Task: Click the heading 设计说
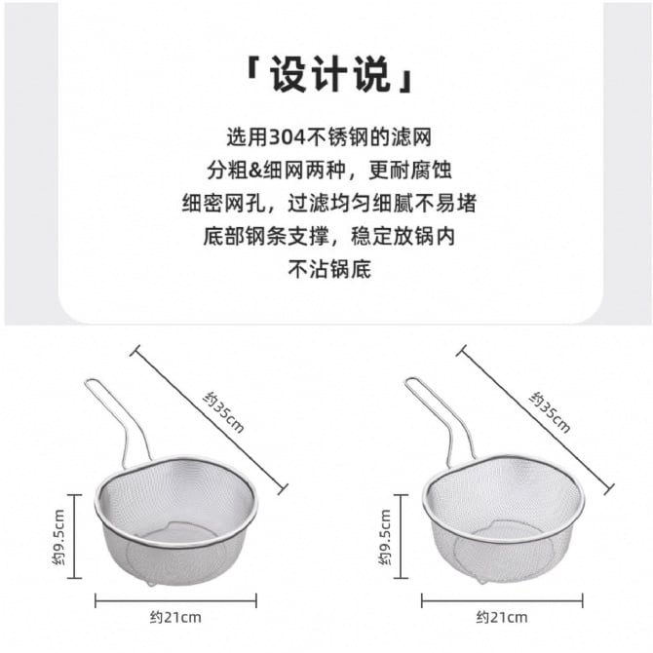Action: point(329,75)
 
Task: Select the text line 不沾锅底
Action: point(329,269)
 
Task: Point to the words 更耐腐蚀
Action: point(410,171)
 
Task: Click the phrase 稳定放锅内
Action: point(403,237)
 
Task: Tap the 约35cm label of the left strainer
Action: point(223,411)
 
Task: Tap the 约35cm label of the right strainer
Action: point(550,411)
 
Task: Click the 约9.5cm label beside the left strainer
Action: point(58,537)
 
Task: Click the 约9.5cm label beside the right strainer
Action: point(385,537)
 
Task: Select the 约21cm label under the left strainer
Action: point(175,617)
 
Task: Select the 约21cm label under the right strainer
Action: point(502,617)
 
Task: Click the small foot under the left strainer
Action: point(150,583)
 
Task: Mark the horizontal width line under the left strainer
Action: point(175,600)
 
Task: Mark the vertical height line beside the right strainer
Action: point(401,536)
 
